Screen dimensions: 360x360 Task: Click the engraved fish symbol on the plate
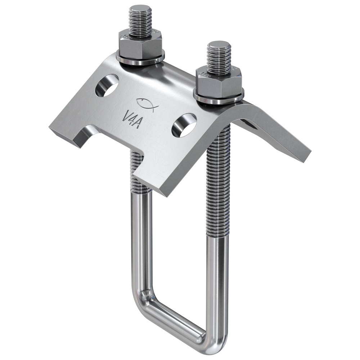click(145, 105)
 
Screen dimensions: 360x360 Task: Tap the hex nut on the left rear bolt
click(140, 45)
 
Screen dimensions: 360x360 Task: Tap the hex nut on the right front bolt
click(219, 82)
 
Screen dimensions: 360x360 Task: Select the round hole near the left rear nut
click(107, 85)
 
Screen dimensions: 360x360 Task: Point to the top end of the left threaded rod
click(140, 8)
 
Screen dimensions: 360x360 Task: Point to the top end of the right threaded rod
click(219, 44)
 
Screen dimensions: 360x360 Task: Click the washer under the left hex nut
click(140, 60)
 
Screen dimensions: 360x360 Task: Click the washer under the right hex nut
click(219, 98)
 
